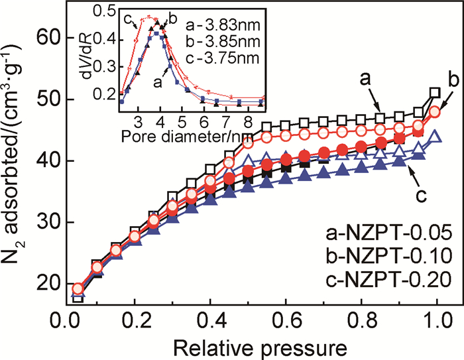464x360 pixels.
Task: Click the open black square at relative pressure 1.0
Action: point(435,93)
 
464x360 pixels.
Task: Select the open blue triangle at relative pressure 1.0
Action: point(435,137)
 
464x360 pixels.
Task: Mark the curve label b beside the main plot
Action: point(455,81)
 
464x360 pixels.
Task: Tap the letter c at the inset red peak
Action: point(126,17)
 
